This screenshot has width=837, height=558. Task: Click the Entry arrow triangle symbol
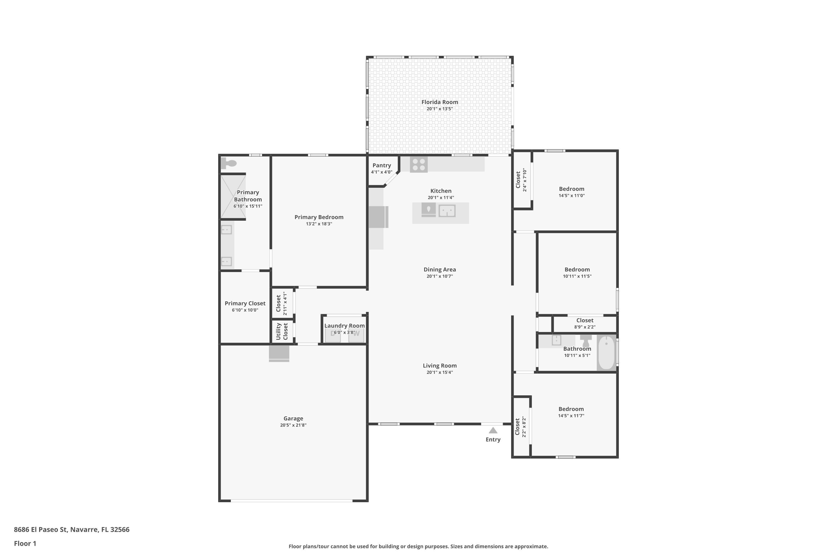click(493, 430)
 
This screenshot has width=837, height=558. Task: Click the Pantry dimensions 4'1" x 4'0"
click(381, 172)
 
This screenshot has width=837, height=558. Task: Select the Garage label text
click(293, 419)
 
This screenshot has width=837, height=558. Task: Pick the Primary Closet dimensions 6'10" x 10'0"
click(245, 310)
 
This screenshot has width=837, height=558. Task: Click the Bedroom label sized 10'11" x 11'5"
click(577, 270)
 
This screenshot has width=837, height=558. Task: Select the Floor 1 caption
click(25, 543)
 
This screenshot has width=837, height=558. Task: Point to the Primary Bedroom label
click(319, 217)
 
